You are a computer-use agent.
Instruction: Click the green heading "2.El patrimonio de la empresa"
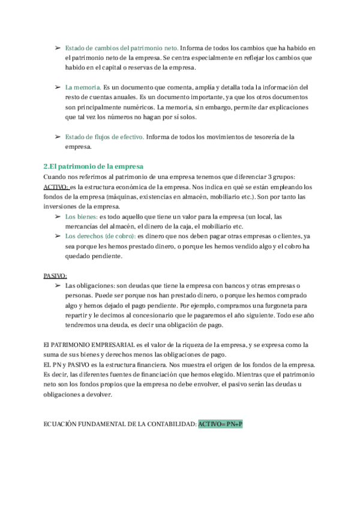pos(94,166)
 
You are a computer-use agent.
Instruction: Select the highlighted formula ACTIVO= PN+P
pos(220,424)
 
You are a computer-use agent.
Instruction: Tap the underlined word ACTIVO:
pos(56,187)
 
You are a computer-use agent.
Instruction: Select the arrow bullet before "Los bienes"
pos(57,216)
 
